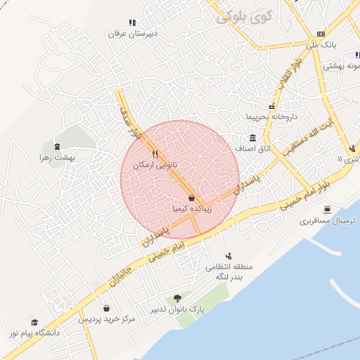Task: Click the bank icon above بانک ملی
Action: (321, 34)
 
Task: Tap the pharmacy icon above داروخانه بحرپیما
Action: (271, 107)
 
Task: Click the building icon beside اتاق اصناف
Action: (252, 139)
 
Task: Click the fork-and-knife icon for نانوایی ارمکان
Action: (155, 154)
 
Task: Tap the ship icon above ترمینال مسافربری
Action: (328, 210)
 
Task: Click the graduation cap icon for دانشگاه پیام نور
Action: (34, 321)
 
